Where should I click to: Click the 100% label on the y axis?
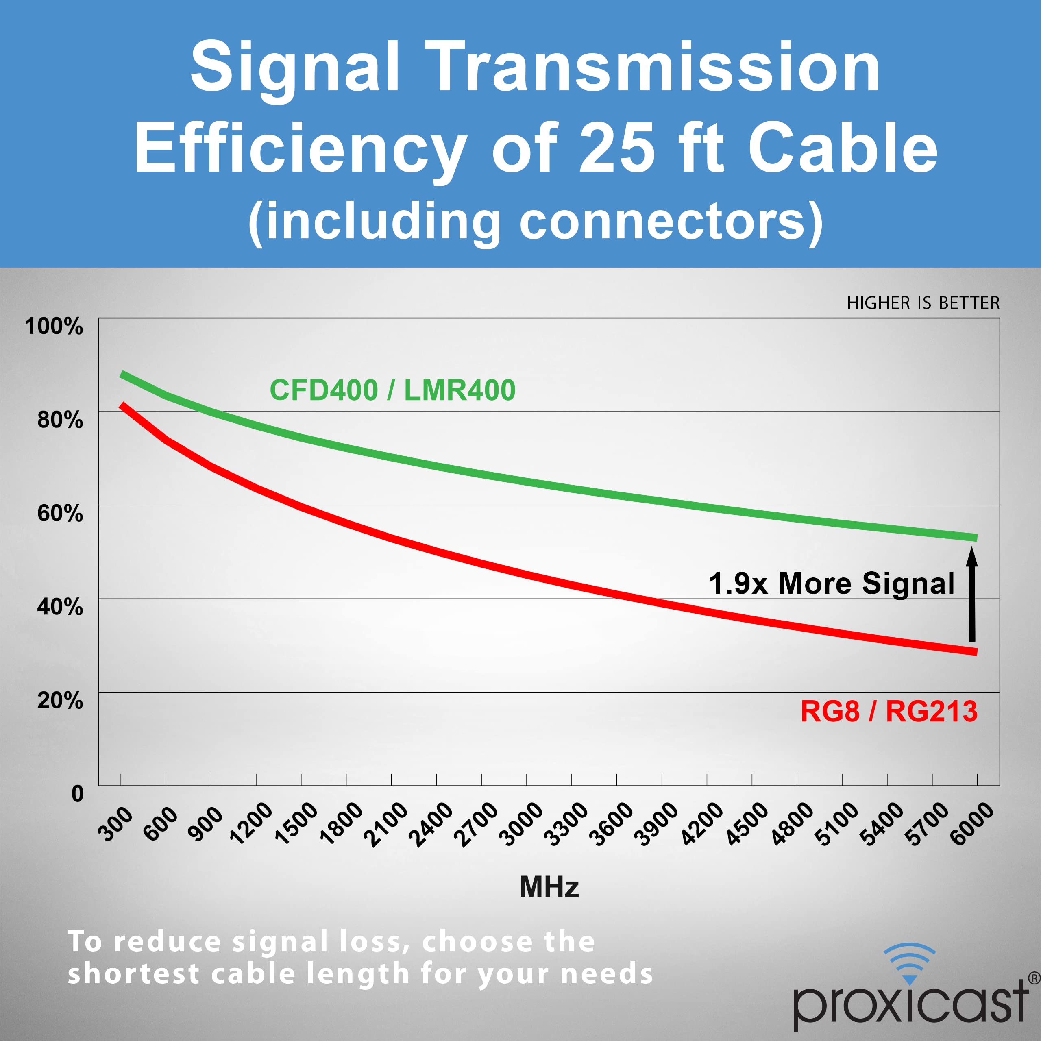point(54,327)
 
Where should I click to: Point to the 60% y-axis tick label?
point(60,513)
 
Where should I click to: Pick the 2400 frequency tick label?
point(431,824)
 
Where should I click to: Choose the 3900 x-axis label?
point(656,824)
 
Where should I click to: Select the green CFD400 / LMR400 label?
point(392,390)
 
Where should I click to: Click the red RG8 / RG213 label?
point(889,711)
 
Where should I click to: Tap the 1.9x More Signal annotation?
point(832,584)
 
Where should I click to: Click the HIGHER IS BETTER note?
point(923,303)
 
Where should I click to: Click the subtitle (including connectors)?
point(536,222)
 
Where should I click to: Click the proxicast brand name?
point(910,1004)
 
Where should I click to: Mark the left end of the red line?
point(122,405)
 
